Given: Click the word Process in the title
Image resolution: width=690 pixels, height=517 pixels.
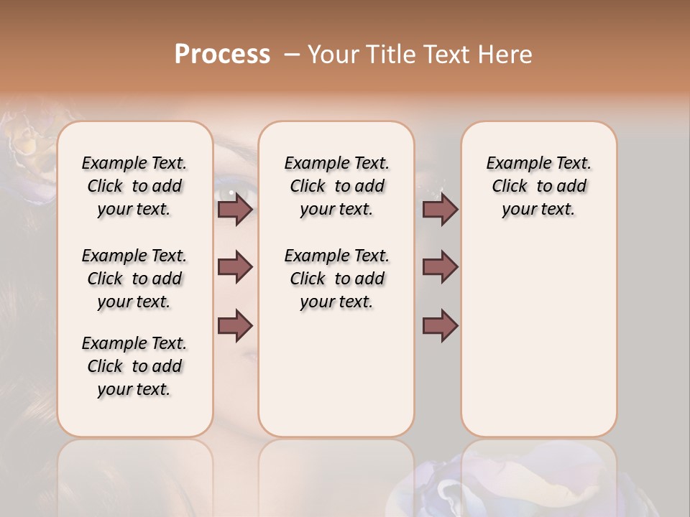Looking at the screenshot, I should (222, 55).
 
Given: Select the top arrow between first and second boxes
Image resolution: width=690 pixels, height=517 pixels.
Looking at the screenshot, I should (235, 209).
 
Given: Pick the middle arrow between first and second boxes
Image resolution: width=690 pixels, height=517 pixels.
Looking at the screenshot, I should (235, 267).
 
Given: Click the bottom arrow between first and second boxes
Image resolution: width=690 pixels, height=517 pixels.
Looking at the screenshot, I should (235, 325).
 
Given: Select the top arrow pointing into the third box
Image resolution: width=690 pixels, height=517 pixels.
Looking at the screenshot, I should (440, 209).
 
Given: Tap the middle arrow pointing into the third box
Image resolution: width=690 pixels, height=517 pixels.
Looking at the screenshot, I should (440, 267).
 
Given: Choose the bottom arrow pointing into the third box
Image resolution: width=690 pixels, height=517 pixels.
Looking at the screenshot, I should (440, 325).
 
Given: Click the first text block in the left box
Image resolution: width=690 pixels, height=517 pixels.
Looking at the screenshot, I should (134, 186).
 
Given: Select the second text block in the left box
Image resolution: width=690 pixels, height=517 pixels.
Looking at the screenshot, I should (134, 279).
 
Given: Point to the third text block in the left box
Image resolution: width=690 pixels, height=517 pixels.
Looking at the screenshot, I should (134, 366).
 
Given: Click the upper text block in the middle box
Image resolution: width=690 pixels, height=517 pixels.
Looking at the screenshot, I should (336, 186).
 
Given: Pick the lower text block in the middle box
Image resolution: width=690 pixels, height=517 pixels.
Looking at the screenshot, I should (336, 279).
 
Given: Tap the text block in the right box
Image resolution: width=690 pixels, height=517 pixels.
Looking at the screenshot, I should (538, 186).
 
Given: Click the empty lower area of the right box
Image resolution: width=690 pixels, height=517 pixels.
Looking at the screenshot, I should (538, 337).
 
